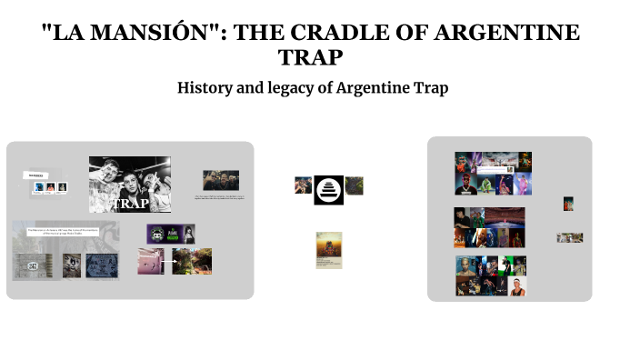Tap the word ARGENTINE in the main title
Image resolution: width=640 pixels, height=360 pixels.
pos(508,34)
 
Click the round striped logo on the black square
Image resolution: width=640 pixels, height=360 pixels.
pos(328,190)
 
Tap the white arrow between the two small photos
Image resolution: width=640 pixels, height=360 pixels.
pos(168,261)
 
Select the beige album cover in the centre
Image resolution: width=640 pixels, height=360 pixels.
pos(328,250)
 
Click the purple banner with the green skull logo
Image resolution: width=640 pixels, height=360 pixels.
pos(171,234)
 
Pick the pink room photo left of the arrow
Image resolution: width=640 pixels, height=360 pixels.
pos(150,261)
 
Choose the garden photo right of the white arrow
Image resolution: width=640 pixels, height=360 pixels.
pos(192,261)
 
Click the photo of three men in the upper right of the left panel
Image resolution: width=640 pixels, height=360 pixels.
pos(221,180)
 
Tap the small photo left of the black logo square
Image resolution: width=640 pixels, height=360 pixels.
pos(303,185)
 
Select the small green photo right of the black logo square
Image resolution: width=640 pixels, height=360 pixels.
pos(355,185)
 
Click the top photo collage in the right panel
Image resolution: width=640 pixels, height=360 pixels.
pos(493,174)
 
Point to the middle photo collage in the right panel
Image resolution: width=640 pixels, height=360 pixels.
pos(489,227)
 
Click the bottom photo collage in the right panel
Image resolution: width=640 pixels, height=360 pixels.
pos(491,275)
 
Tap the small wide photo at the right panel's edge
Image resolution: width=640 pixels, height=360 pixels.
pos(570,238)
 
